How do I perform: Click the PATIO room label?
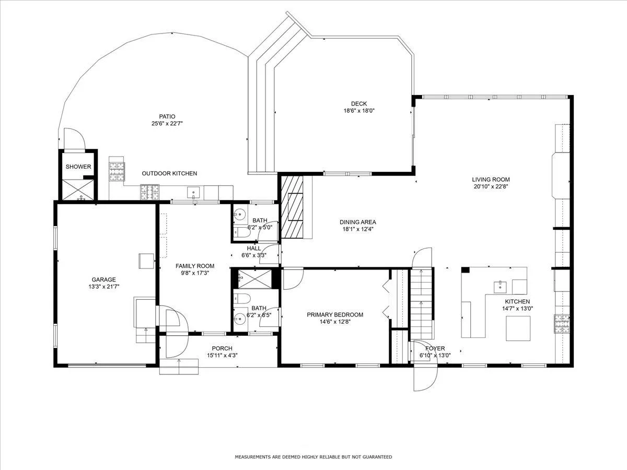(x=167, y=116)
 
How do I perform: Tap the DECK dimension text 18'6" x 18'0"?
(x=359, y=111)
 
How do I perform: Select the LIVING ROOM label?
(x=491, y=180)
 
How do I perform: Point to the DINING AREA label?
(x=357, y=222)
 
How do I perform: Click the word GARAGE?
(x=103, y=280)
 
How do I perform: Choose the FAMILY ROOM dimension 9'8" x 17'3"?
(x=195, y=273)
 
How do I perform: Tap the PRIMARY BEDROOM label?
(x=335, y=315)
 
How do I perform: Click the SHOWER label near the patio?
(x=78, y=167)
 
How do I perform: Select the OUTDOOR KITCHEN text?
(x=169, y=173)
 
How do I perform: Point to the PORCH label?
(x=222, y=348)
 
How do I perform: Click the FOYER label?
(x=435, y=348)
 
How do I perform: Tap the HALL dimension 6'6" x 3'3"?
(x=254, y=255)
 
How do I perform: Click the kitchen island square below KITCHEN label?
(x=518, y=328)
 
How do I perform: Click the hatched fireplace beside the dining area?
(x=292, y=207)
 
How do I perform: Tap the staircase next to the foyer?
(x=421, y=304)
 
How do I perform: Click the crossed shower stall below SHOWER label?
(x=78, y=190)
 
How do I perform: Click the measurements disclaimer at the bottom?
(x=313, y=457)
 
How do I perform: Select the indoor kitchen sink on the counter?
(x=500, y=287)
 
